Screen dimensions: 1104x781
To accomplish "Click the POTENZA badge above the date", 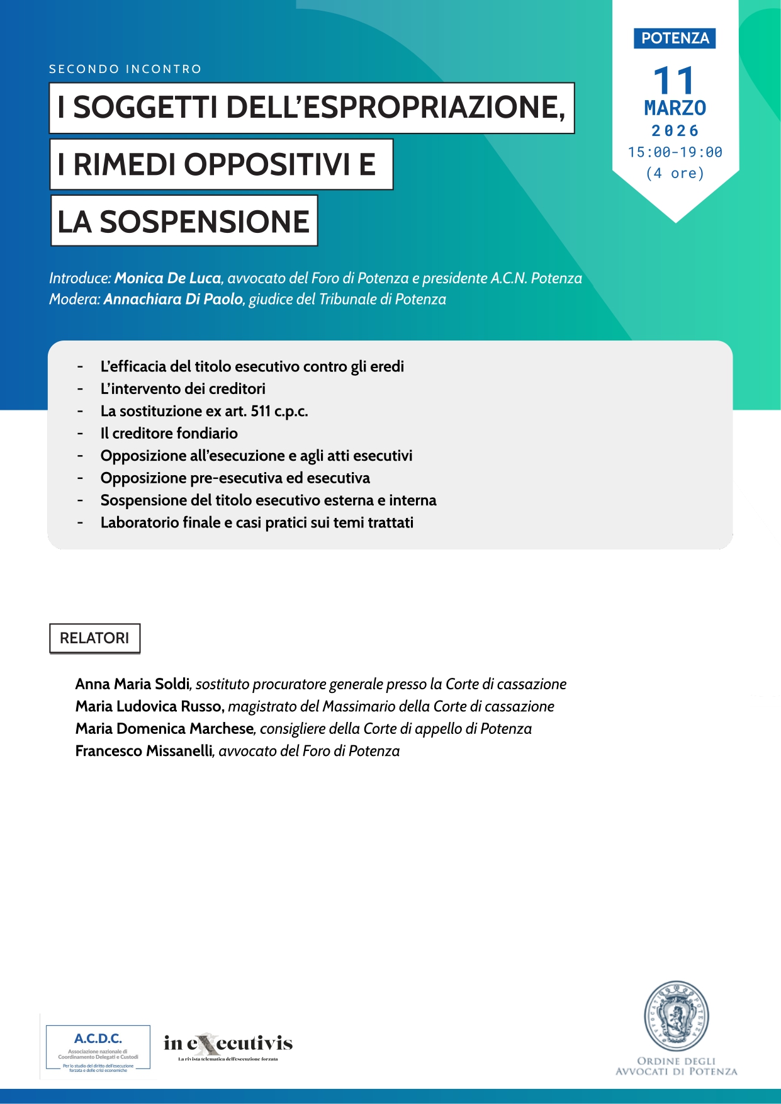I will pos(675,38).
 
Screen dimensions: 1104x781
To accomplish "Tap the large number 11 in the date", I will pos(674,81).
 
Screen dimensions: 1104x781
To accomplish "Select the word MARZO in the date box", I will pos(675,108).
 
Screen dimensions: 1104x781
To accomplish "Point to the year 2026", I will pos(675,131).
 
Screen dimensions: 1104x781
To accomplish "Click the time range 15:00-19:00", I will pos(675,152).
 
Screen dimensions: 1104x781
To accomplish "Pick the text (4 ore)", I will pos(675,173).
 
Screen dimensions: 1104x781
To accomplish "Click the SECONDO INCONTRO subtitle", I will pos(125,69).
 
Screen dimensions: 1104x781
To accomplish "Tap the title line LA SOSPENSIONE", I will pos(184,221).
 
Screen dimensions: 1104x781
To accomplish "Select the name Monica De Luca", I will pos(167,278).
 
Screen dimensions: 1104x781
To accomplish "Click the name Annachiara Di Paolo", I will pos(173,299).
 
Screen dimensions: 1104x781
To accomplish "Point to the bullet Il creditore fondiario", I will pos(169,433).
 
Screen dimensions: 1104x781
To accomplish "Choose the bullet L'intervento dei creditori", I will pos(183,388).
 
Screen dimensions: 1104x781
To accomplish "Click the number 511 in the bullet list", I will pos(261,411).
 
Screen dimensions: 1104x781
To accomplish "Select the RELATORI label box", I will pos(94,638).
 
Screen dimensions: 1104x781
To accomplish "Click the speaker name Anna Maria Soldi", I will pos(132,684).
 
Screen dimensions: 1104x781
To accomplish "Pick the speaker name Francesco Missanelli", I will pos(144,751).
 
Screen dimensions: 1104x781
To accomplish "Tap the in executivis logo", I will pos(228,1045).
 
